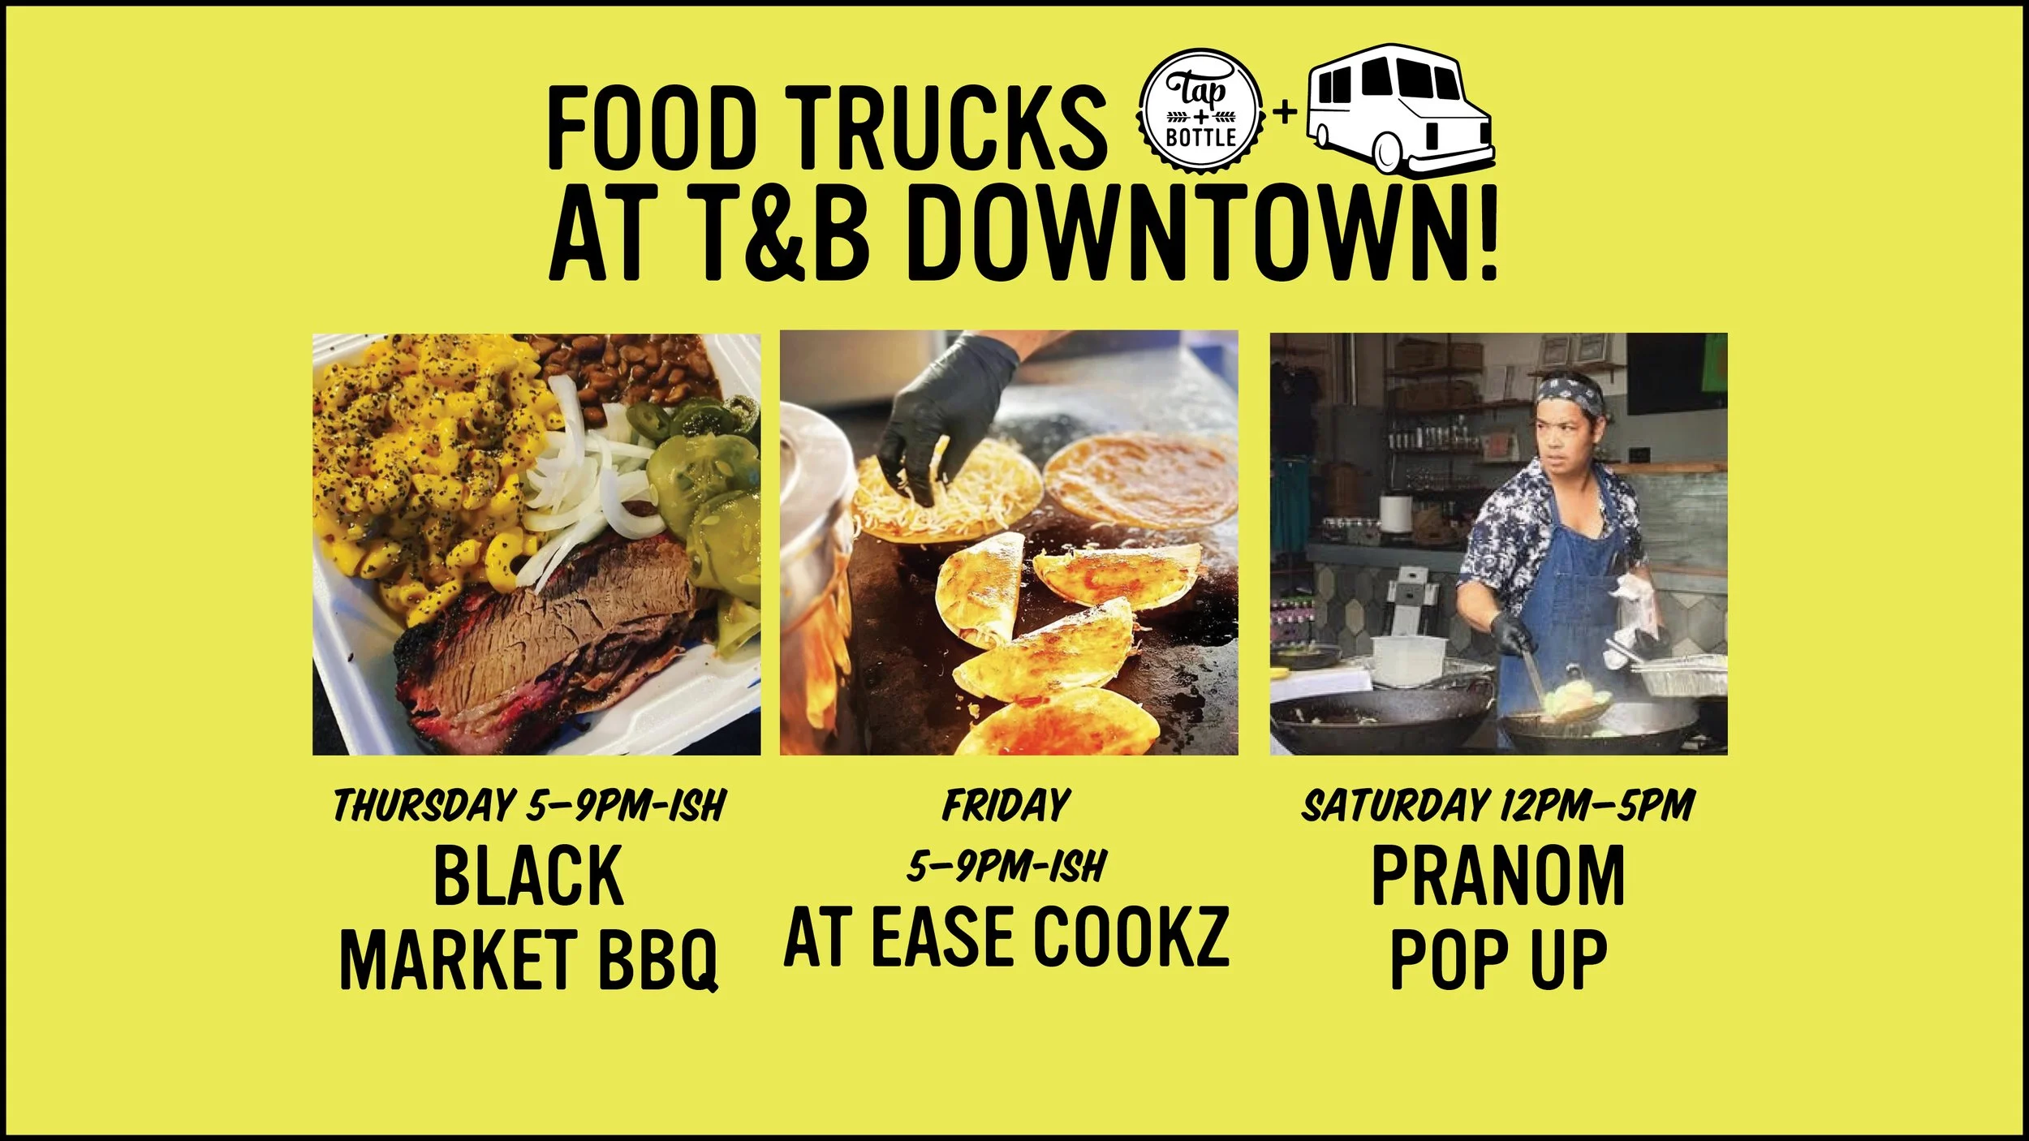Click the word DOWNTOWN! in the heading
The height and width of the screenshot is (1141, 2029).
(1209, 235)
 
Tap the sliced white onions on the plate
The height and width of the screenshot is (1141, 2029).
(584, 479)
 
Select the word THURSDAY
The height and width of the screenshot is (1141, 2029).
(423, 806)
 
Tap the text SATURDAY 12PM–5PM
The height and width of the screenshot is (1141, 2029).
(1498, 806)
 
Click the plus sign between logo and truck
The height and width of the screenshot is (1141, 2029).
(1284, 113)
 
